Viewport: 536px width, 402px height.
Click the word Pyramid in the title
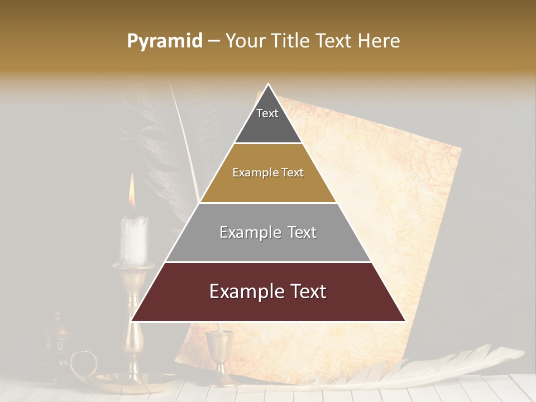164,41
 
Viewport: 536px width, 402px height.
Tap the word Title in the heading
291,41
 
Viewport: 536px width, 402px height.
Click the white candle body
135,240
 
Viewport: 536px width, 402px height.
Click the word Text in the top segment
267,113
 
